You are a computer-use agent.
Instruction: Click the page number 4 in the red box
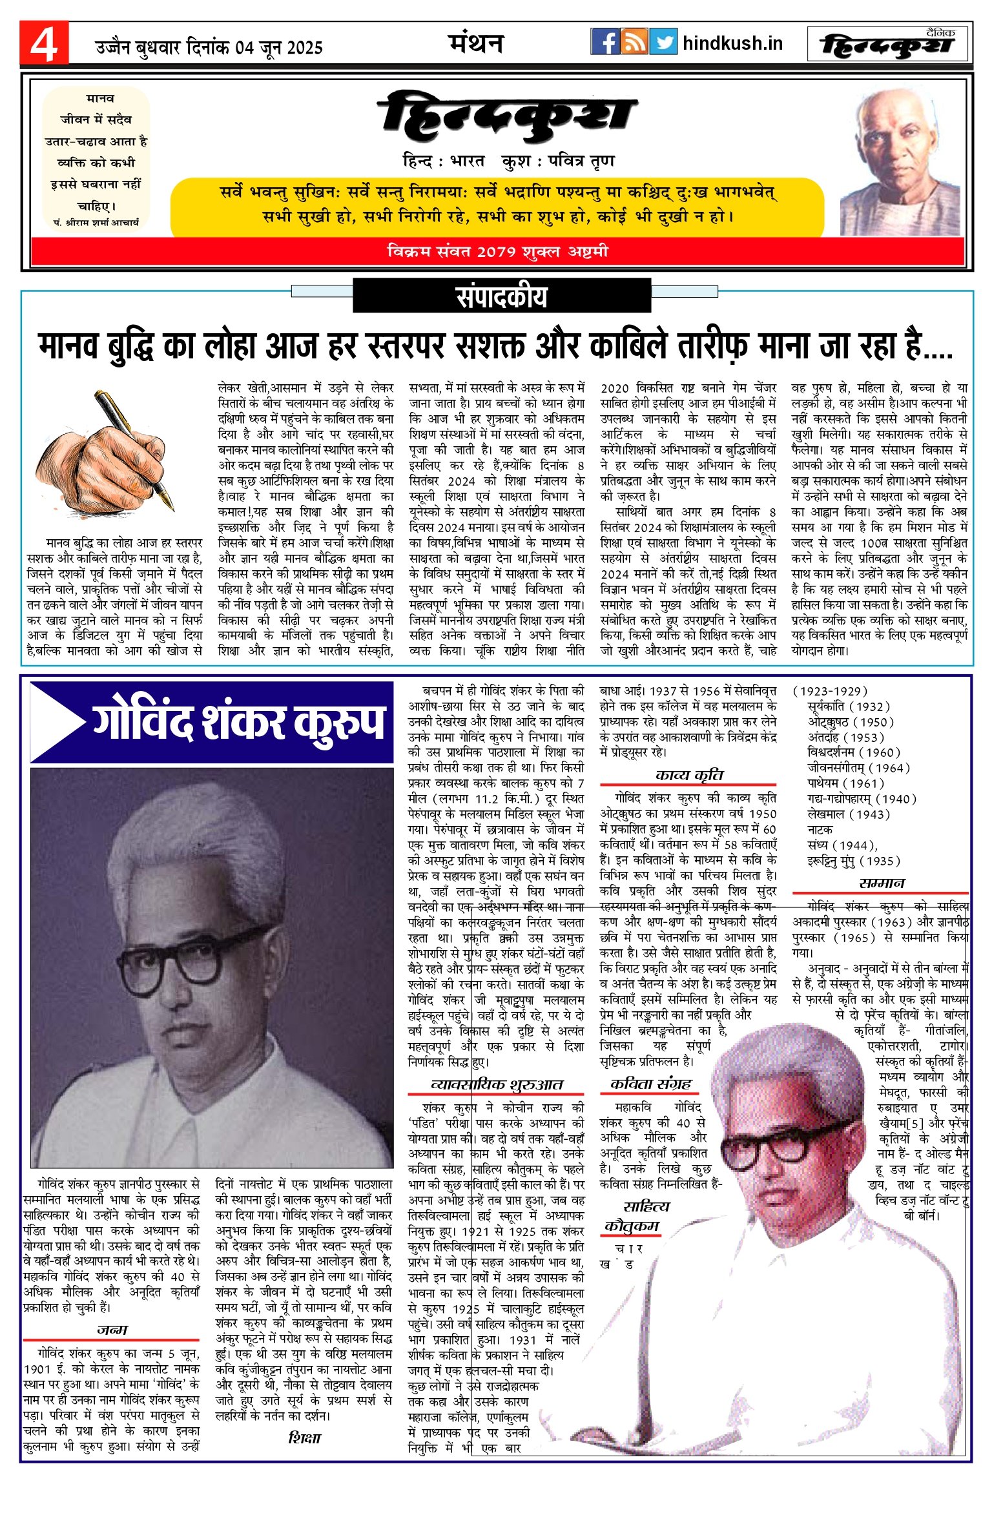coord(44,44)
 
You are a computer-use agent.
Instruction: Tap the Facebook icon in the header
coord(604,42)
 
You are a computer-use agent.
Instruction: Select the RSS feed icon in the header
coord(634,42)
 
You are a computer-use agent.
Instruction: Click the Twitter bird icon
coord(663,42)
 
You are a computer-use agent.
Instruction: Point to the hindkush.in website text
coord(732,43)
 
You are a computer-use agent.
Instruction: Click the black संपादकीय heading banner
coord(502,296)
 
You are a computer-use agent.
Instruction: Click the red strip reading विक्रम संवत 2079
coord(497,251)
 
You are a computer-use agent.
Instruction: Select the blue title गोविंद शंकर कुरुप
coord(239,721)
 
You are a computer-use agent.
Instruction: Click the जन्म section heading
coord(112,1330)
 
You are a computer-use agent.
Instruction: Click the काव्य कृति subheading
coord(688,775)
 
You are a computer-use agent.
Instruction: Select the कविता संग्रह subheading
coord(651,1083)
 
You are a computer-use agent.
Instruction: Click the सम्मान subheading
coord(882,883)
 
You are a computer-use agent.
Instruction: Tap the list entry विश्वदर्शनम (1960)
coord(853,752)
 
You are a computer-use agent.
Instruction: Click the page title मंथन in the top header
coord(476,43)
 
